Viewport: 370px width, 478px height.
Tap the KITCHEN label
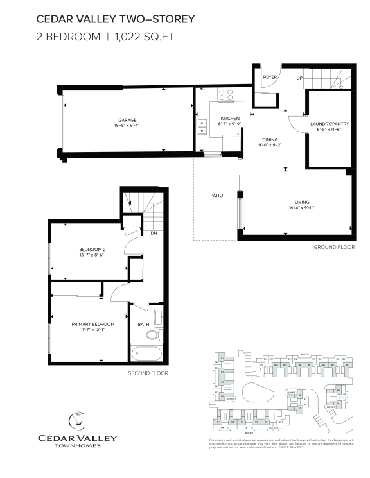coord(230,119)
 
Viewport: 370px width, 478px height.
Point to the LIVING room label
coord(303,202)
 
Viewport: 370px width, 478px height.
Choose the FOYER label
coord(270,77)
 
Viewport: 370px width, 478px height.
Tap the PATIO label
coord(216,195)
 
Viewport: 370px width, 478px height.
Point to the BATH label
coord(143,324)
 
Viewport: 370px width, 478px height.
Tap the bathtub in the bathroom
coord(148,354)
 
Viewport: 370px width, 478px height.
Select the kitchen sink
coord(202,129)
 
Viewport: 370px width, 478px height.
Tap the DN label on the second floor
coord(154,233)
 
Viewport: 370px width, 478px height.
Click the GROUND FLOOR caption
coord(334,247)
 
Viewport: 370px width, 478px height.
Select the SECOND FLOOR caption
coord(148,373)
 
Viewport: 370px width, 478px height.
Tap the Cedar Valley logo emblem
coord(77,421)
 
